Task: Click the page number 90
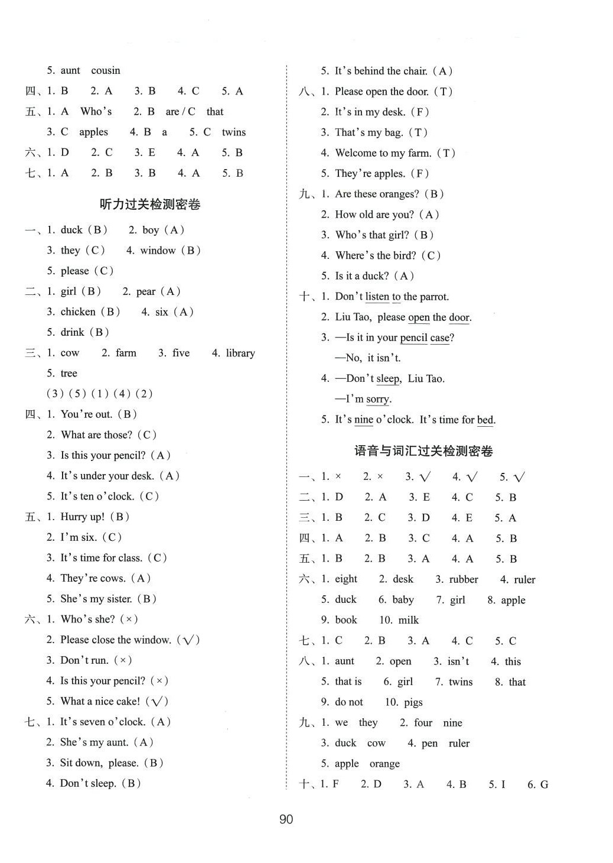coord(286,819)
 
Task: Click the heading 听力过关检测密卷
coord(150,205)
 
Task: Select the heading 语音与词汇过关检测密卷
coord(423,452)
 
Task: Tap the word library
coord(240,353)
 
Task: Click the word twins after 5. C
coord(234,132)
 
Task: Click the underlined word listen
coord(377,297)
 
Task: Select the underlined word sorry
coord(377,400)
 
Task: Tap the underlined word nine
coord(364,420)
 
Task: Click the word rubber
coord(464,579)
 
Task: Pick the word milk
coord(408,620)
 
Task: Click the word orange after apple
coord(384,764)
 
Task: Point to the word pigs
coord(413,702)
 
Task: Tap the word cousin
coord(106,70)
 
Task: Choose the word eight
coord(346,579)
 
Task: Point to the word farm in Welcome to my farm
coord(419,153)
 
